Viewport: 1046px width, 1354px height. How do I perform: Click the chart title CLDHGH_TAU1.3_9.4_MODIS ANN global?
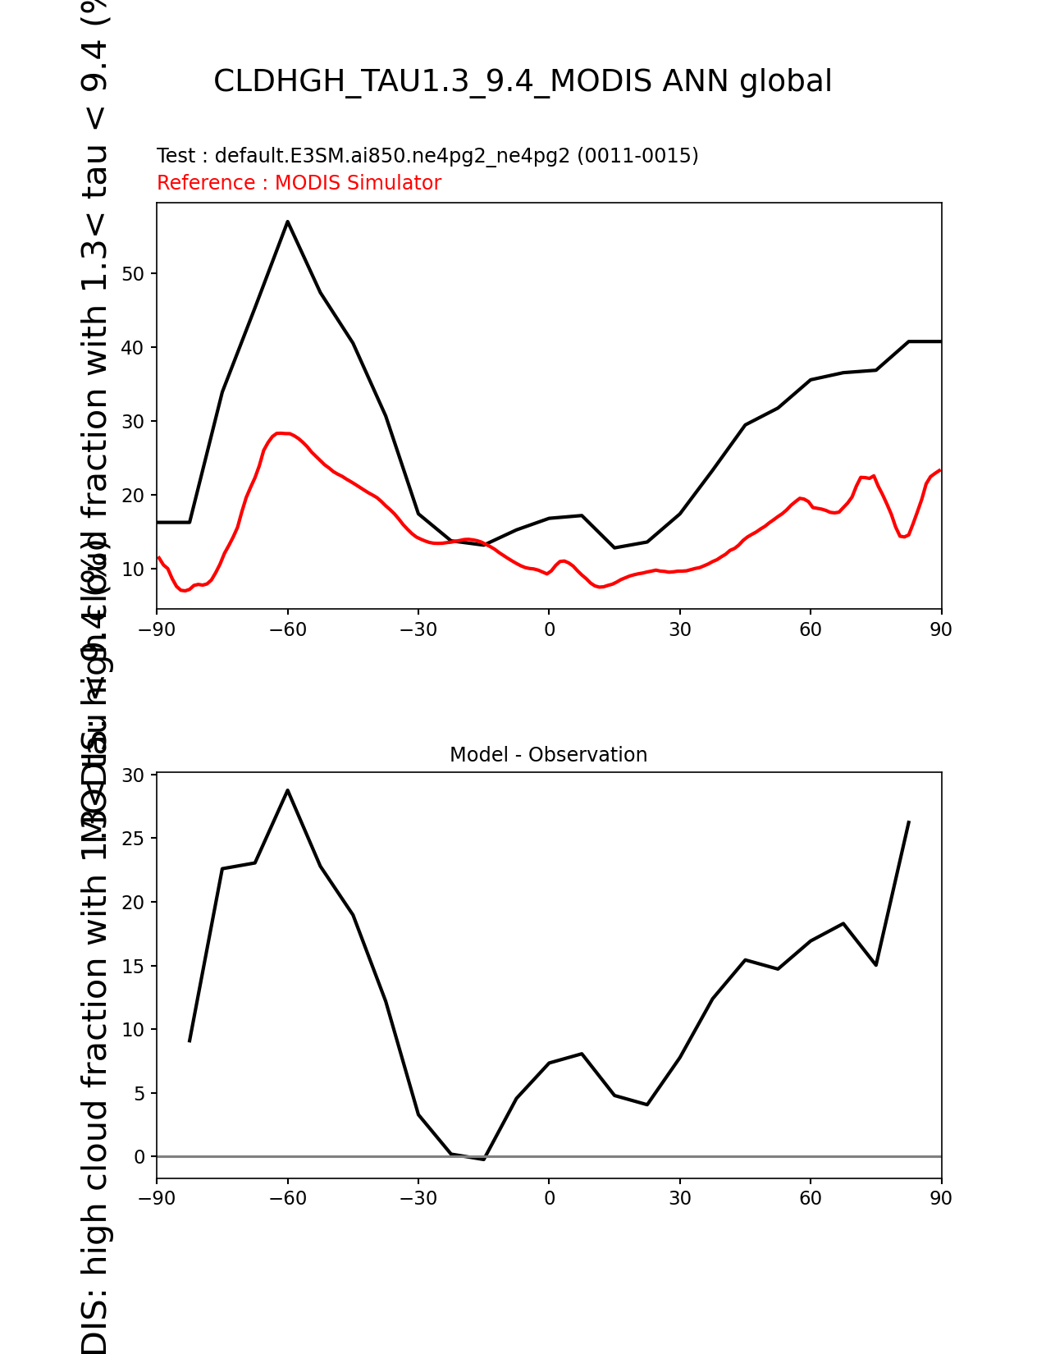click(x=523, y=82)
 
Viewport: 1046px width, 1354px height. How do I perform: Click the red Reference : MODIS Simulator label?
click(x=299, y=183)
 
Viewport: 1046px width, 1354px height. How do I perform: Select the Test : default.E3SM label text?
click(x=427, y=156)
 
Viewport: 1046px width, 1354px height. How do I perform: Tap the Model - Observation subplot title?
click(x=548, y=755)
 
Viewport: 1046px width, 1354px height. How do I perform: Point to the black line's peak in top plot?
click(x=288, y=222)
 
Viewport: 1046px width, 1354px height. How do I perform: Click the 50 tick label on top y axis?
click(x=133, y=274)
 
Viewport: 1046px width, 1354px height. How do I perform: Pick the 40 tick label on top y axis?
click(x=133, y=348)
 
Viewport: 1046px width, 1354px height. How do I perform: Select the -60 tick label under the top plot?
click(x=287, y=629)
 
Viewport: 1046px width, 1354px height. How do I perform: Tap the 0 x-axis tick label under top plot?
click(x=549, y=629)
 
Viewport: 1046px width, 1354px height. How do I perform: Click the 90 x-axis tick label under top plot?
click(x=941, y=629)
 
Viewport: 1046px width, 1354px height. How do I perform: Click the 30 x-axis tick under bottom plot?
click(x=679, y=1199)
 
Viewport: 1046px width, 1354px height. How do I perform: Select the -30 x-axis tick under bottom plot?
click(x=418, y=1199)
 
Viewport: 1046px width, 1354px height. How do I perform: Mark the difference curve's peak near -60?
click(x=288, y=790)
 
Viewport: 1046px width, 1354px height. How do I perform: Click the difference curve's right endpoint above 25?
click(x=908, y=821)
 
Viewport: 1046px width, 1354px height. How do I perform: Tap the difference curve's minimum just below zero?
click(x=483, y=1159)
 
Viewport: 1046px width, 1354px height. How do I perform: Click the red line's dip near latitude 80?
click(x=902, y=536)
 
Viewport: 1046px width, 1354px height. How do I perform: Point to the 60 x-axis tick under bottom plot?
click(x=811, y=1199)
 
